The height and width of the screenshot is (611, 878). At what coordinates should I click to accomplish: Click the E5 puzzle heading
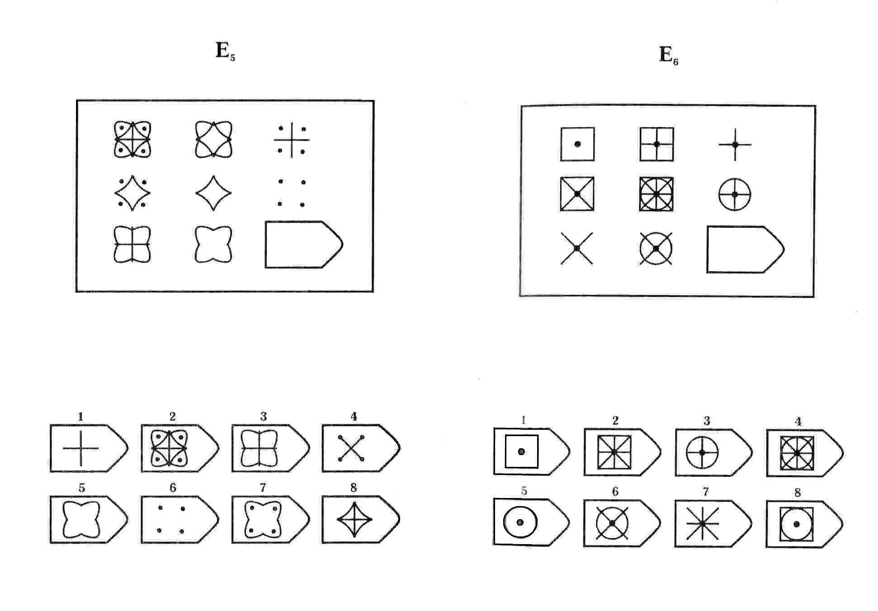(x=225, y=52)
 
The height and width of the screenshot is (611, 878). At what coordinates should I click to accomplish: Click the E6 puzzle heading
(x=668, y=56)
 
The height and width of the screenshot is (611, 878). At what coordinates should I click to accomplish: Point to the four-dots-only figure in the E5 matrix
(x=292, y=193)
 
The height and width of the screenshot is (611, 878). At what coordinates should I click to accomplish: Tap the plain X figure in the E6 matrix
(x=577, y=248)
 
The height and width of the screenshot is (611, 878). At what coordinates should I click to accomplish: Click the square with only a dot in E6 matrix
(x=577, y=144)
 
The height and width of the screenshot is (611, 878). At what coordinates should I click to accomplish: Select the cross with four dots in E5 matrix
(x=292, y=140)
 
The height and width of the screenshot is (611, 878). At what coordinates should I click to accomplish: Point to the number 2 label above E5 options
(x=172, y=416)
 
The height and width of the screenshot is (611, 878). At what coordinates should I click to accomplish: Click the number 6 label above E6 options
(x=615, y=491)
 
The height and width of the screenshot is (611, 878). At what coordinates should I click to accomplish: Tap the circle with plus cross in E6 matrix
(x=735, y=194)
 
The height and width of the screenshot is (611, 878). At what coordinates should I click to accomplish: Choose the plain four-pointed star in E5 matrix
(x=213, y=193)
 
